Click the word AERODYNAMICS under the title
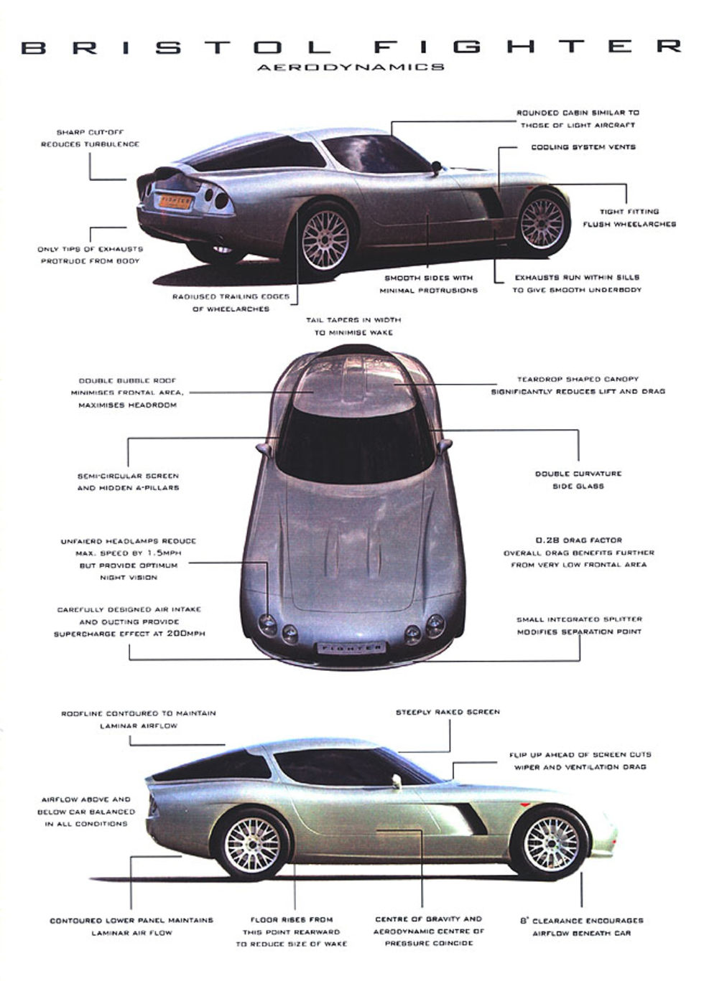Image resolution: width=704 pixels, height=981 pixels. click(351, 67)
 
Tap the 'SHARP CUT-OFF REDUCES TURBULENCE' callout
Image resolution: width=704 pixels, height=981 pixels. click(90, 138)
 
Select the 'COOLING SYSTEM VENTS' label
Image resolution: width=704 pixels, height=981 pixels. click(583, 147)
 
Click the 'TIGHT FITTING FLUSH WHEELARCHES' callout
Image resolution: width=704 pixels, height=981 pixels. click(629, 217)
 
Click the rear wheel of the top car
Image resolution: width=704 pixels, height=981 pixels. click(325, 238)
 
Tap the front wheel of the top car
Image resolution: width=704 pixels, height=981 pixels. click(542, 222)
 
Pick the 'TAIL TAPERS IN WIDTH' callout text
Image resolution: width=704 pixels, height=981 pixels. click(353, 326)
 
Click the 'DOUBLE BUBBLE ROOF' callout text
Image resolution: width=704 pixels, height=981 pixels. click(127, 393)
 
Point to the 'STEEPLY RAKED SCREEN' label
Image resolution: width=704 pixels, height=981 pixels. click(448, 712)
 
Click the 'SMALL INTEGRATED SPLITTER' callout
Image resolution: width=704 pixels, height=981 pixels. click(579, 625)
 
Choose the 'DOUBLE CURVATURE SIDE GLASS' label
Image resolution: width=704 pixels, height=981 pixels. click(578, 479)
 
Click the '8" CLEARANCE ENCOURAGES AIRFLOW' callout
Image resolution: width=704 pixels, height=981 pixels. click(582, 926)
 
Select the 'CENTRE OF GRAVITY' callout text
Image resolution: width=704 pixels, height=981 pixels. click(428, 931)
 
